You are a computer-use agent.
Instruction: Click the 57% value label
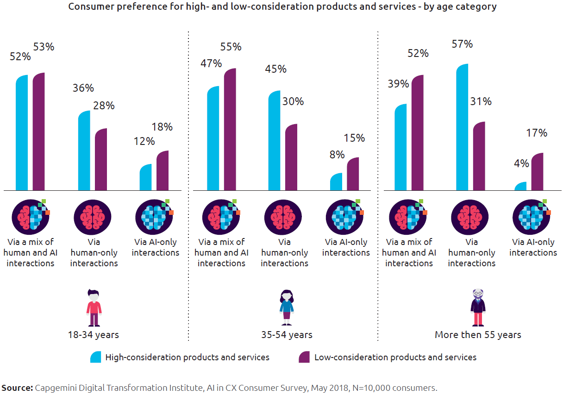[463, 44]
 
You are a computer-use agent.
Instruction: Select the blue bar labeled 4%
[520, 186]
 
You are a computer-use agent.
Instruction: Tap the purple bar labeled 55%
[230, 130]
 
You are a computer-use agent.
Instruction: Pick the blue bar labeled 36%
[84, 151]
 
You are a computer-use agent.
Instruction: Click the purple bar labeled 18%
[163, 170]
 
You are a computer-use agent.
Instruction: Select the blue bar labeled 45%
[275, 141]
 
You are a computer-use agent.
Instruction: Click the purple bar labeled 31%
[479, 156]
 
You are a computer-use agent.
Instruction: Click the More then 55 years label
[478, 334]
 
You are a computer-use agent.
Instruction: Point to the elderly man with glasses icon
[478, 307]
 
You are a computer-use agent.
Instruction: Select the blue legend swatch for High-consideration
[96, 357]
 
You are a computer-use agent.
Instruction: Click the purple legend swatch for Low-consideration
[304, 357]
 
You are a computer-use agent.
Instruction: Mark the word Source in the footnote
[17, 388]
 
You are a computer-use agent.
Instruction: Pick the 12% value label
[144, 141]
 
